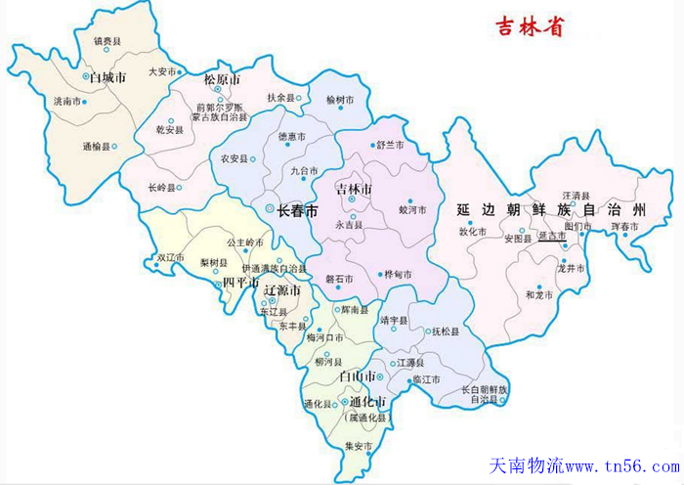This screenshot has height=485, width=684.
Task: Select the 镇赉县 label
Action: tap(107, 41)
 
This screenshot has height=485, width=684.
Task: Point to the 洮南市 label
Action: tap(67, 101)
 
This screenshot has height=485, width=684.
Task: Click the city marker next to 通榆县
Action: tap(114, 147)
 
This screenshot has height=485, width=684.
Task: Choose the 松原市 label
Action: tap(222, 78)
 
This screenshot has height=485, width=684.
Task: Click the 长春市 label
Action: tap(297, 210)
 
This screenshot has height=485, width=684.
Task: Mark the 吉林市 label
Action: tap(353, 187)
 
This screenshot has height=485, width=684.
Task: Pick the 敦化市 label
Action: tap(472, 232)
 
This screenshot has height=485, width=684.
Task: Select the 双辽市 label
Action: tap(171, 258)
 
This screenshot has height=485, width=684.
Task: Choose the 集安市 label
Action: tap(359, 446)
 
